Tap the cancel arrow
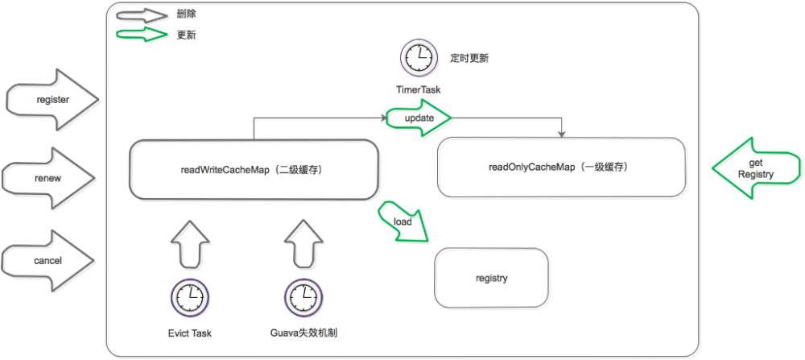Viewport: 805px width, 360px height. click(49, 260)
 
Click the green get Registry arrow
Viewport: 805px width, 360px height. click(756, 168)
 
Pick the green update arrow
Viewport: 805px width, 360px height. click(418, 118)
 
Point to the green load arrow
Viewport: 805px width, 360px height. click(402, 221)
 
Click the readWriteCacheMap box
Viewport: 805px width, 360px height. click(254, 169)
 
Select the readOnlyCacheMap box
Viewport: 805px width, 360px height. click(561, 168)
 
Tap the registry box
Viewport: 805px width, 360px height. click(491, 278)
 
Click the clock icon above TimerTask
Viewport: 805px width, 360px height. click(418, 58)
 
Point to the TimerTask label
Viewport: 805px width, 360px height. click(418, 89)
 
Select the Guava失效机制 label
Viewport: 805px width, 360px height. click(303, 332)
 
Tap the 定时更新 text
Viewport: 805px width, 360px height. click(469, 59)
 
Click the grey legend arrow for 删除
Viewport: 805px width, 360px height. click(142, 15)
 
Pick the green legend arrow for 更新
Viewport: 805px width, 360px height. click(142, 35)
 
